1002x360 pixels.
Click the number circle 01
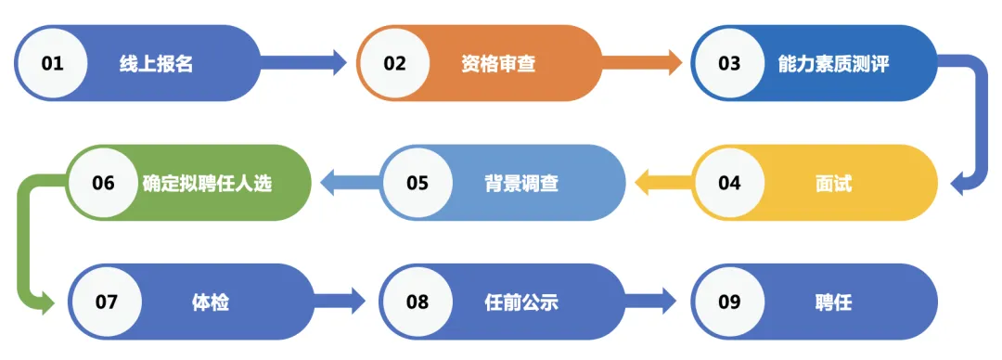coord(52,63)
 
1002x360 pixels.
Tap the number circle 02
coord(395,63)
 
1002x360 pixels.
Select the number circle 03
coord(729,63)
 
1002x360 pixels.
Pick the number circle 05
coord(417,183)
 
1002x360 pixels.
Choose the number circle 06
coord(103,183)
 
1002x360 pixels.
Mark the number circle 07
coord(107,302)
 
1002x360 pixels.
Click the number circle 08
coord(417,302)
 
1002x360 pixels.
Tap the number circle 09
coord(729,302)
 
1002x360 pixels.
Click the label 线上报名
coord(156,64)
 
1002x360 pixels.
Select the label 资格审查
coord(498,64)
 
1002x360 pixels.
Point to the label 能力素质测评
coord(833,64)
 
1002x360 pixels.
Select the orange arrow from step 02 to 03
coord(645,63)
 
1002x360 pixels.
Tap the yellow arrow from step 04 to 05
coord(662,183)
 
